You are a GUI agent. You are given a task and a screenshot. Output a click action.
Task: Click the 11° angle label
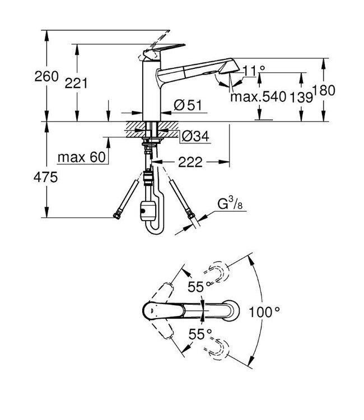[x=254, y=70]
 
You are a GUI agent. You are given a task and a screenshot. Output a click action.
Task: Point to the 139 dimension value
[x=301, y=96]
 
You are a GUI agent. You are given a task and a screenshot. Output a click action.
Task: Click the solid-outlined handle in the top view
[x=168, y=309]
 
